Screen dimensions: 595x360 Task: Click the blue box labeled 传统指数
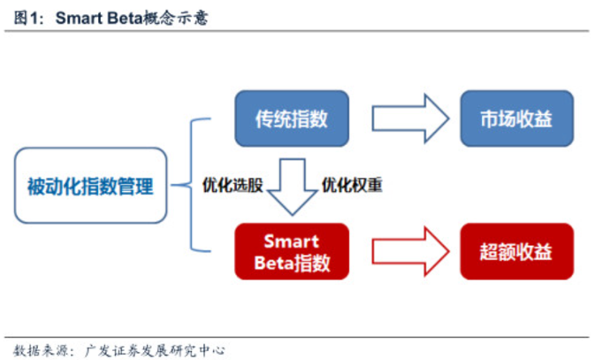coord(292,119)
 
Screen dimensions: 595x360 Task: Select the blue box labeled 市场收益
coord(517,119)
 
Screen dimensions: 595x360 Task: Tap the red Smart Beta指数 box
coord(292,251)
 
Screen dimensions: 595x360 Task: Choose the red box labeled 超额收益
coord(517,251)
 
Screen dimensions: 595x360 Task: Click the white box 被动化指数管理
coord(91,186)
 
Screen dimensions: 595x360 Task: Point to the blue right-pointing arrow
coord(410,119)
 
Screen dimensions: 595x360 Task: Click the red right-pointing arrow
coord(410,251)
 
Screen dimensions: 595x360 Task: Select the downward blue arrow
coord(292,187)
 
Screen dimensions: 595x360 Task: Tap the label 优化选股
coord(233,186)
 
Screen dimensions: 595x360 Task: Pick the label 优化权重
coord(352,186)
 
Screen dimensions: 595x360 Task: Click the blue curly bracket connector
coord(191,185)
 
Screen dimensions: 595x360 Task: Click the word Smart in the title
coord(79,18)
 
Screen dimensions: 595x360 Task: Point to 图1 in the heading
coord(26,18)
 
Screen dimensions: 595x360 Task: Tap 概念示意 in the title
coord(175,18)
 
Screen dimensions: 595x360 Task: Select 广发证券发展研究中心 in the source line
coord(155,350)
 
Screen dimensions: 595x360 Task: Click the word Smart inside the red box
coord(292,241)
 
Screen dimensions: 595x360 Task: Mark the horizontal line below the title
coord(297,31)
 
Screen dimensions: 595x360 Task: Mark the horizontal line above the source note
coord(297,337)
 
